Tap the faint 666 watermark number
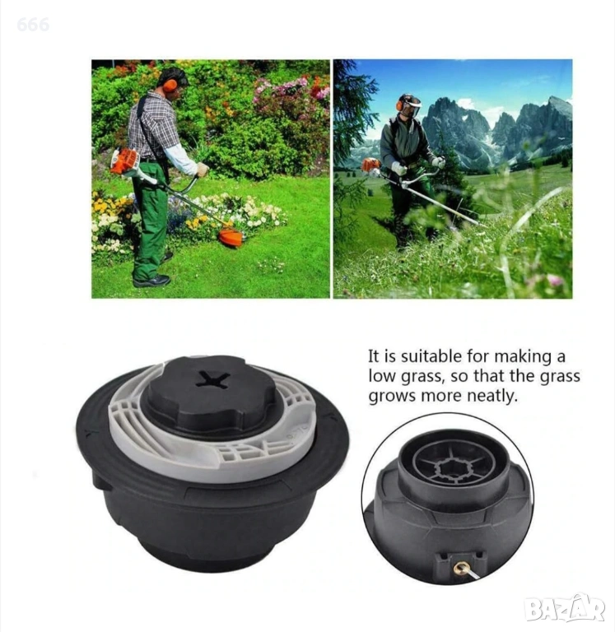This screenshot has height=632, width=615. (33, 25)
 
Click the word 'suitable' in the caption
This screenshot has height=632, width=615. (431, 356)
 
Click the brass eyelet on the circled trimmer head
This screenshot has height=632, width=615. (459, 569)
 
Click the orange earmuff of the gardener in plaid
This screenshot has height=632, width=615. (170, 85)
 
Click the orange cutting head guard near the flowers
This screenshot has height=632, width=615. (231, 238)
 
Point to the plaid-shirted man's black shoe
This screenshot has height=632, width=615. (152, 281)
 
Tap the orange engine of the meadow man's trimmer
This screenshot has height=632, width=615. (371, 165)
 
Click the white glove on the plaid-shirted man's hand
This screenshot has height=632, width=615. (202, 170)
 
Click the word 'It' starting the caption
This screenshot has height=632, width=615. (374, 356)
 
